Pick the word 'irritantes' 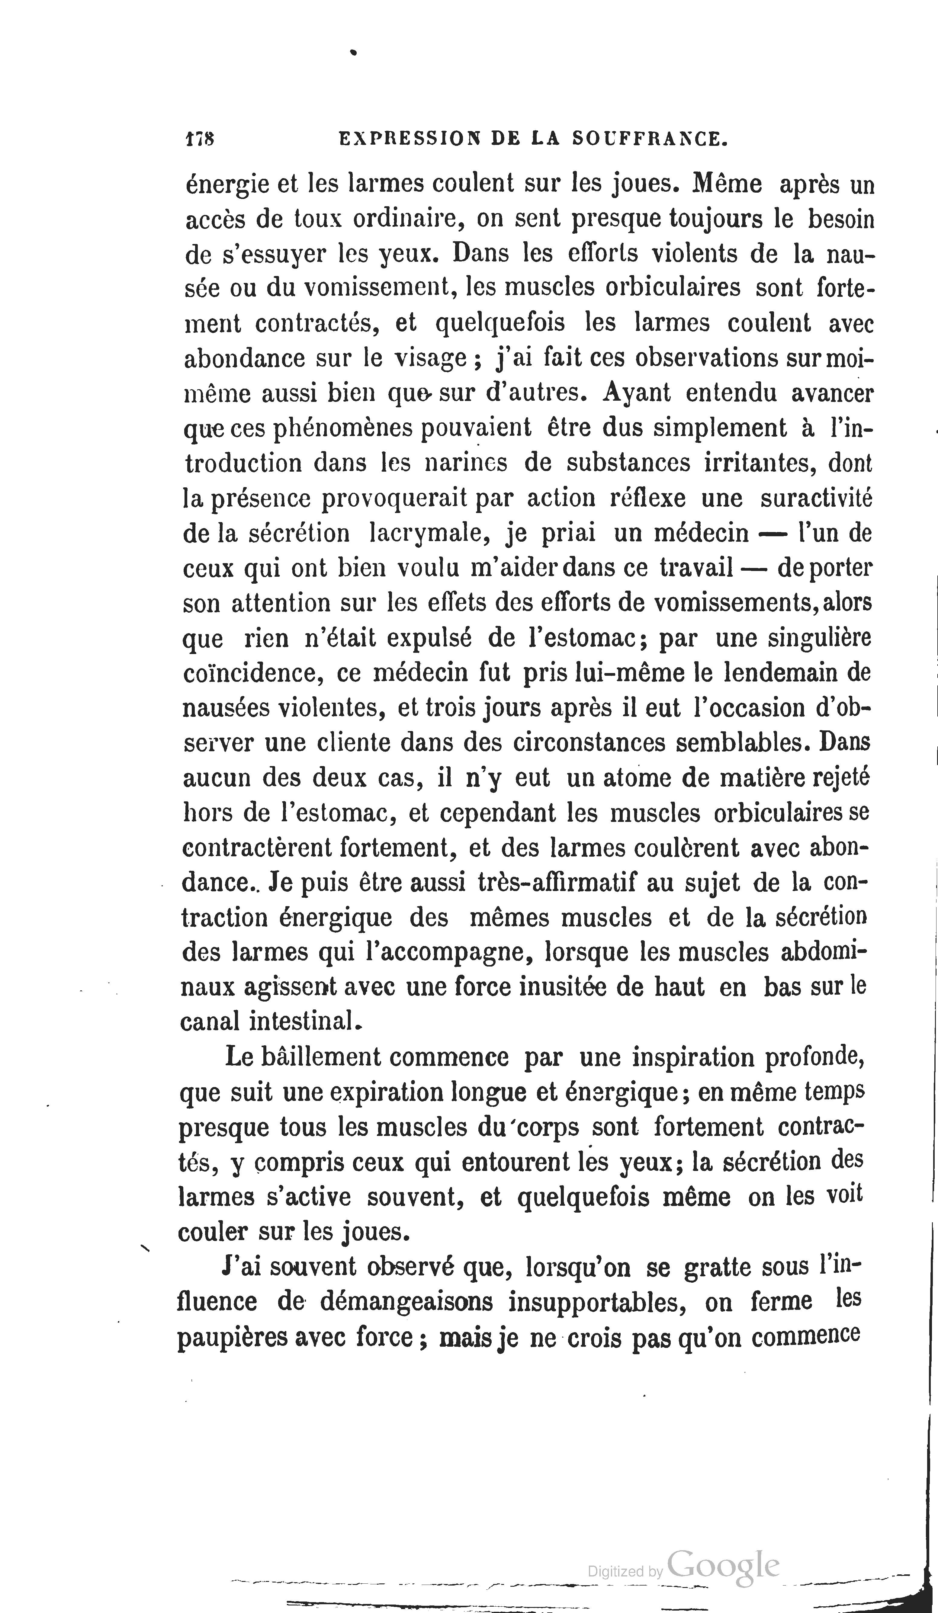click(x=759, y=463)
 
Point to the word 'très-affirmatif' click(x=556, y=883)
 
